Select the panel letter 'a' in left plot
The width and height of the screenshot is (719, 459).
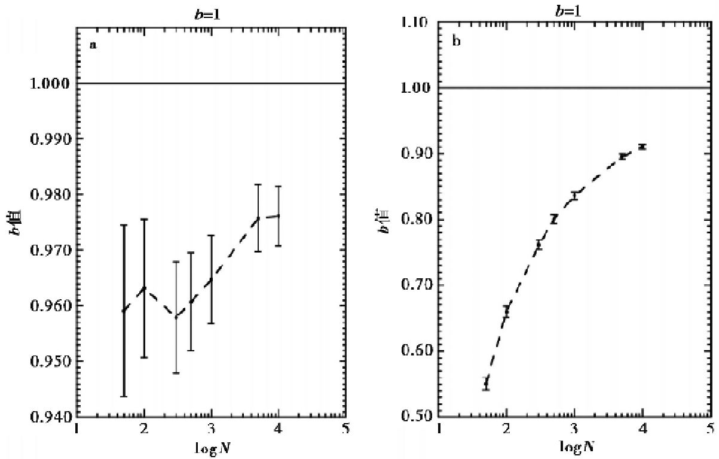[x=93, y=45]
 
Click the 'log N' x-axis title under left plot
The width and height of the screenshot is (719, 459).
[x=211, y=448]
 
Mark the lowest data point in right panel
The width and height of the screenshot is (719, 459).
[x=486, y=384]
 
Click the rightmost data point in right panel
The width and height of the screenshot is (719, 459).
[x=642, y=147]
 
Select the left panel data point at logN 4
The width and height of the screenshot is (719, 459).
[x=279, y=215]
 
